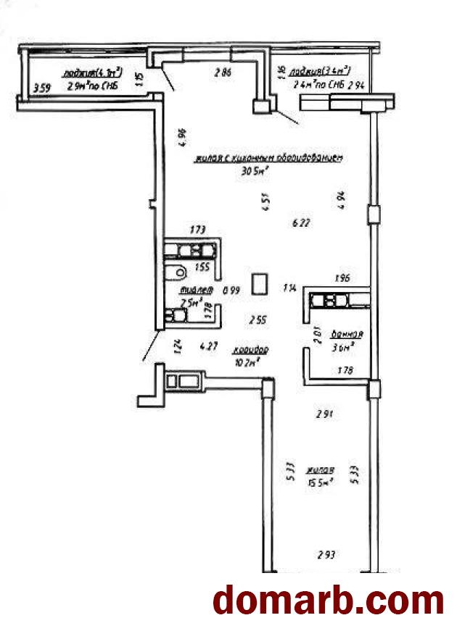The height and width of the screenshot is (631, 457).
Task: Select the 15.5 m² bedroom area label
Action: pos(319,480)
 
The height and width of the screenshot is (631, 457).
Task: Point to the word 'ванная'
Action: pos(346,335)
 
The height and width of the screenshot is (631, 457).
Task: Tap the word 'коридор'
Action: pos(251,350)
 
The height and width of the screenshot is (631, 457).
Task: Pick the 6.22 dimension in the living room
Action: pos(300,223)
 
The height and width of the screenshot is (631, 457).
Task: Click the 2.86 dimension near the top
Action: pos(223,72)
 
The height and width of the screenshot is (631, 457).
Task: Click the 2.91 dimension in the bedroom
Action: pos(324,415)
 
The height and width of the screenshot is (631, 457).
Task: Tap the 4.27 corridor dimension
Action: pos(209,346)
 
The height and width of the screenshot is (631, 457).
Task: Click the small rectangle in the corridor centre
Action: pos(260,283)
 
